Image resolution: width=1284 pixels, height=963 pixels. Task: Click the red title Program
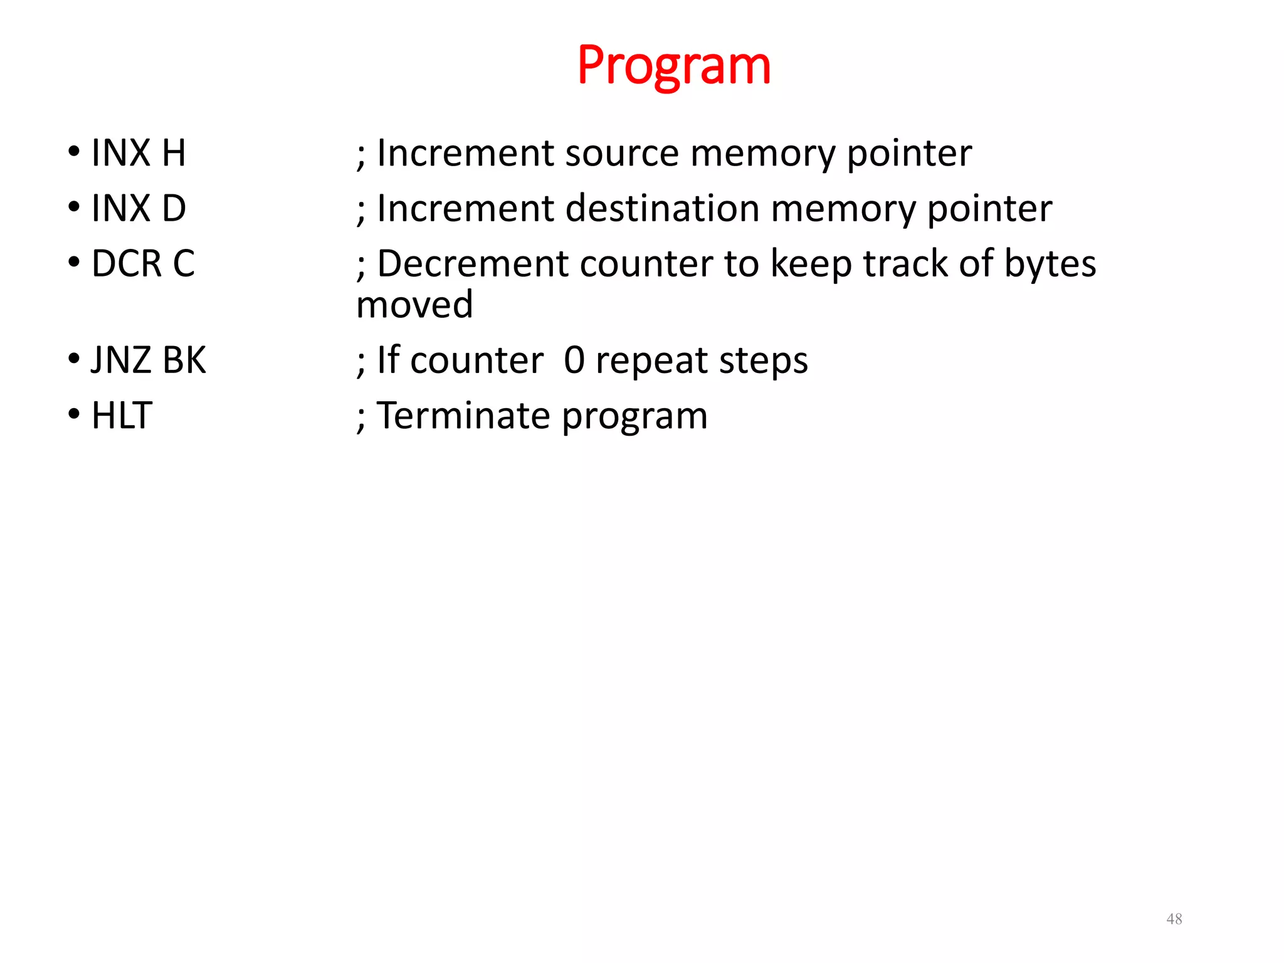(673, 66)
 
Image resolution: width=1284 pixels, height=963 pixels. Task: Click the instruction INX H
(139, 153)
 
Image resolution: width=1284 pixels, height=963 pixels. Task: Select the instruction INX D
(139, 208)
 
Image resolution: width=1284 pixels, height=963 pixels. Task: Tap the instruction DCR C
(143, 263)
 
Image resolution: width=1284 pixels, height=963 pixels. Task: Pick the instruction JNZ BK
(148, 360)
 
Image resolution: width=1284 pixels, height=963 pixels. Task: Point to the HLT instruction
(122, 416)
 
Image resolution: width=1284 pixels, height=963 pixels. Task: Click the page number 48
(1174, 919)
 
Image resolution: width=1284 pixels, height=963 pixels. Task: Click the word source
(621, 154)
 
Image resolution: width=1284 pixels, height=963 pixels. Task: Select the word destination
(662, 208)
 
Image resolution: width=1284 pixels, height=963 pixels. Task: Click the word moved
(414, 305)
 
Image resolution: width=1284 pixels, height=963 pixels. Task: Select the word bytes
(1050, 265)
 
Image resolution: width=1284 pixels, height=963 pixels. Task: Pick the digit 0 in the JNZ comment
(574, 360)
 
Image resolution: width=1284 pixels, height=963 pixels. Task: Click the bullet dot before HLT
(75, 414)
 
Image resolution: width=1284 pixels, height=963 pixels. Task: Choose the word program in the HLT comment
(634, 417)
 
